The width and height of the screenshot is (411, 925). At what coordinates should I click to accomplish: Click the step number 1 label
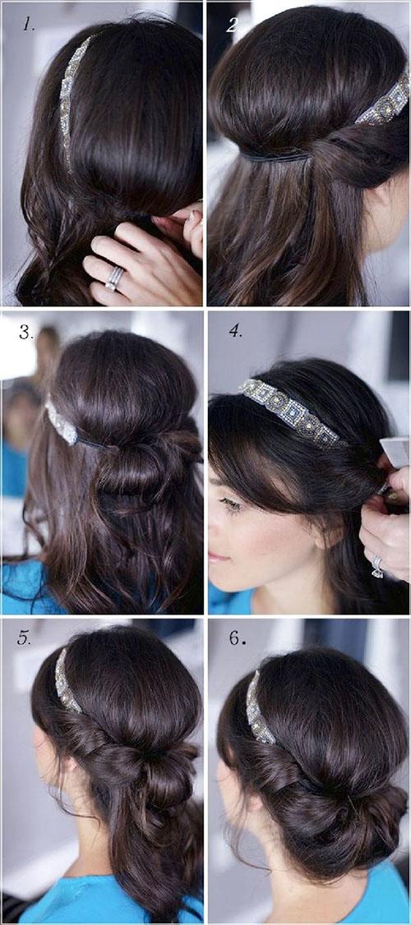pyautogui.click(x=28, y=24)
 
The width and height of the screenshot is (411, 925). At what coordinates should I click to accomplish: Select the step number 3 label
pyautogui.click(x=26, y=332)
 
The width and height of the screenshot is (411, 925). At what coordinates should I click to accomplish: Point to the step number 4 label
pyautogui.click(x=236, y=331)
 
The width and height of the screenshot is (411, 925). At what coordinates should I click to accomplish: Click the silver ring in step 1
pyautogui.click(x=114, y=278)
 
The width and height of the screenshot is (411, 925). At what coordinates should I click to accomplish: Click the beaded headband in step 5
pyautogui.click(x=66, y=681)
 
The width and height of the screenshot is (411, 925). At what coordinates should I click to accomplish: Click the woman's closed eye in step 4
pyautogui.click(x=231, y=504)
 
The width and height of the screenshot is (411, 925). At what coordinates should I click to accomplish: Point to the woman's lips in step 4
pyautogui.click(x=216, y=557)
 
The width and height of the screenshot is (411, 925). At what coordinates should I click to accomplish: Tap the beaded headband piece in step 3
pyautogui.click(x=62, y=422)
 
